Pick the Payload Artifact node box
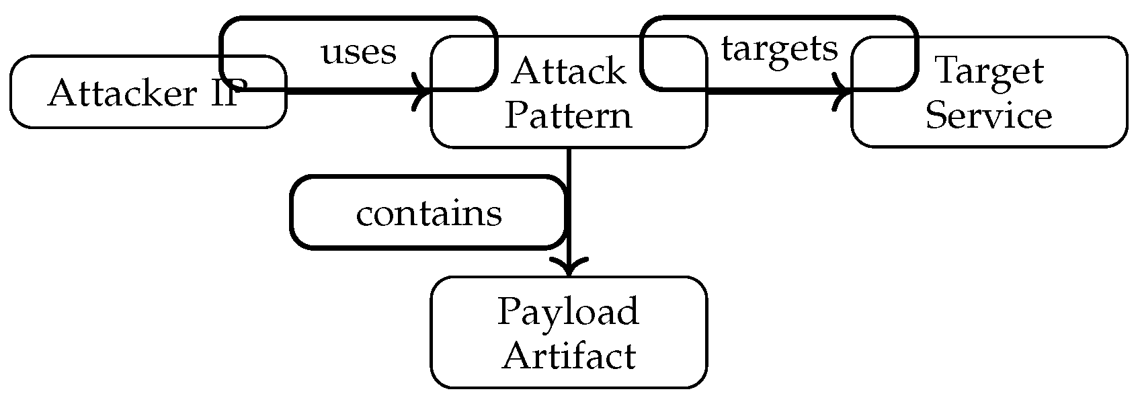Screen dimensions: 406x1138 pyautogui.click(x=568, y=333)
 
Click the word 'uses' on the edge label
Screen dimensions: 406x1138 pyautogui.click(x=359, y=52)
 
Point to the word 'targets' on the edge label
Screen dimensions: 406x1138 pyautogui.click(x=779, y=49)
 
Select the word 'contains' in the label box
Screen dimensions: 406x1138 pyautogui.click(x=429, y=214)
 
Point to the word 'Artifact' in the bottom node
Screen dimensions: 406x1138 pyautogui.click(x=569, y=356)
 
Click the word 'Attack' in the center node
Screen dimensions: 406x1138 pyautogui.click(x=569, y=71)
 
